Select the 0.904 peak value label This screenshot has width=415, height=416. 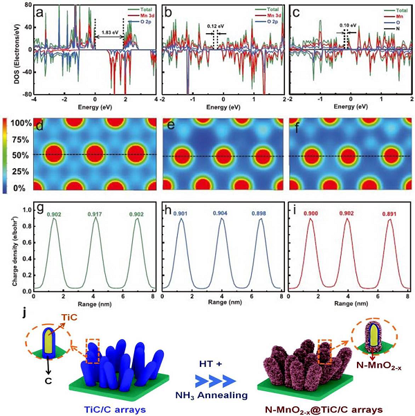coord(221,213)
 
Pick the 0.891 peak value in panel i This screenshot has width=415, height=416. coord(391,214)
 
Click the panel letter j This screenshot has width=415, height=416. coord(26,304)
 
